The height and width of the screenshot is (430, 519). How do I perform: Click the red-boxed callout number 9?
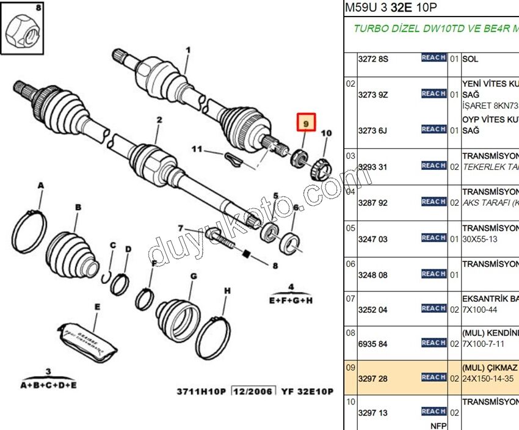(x=305, y=123)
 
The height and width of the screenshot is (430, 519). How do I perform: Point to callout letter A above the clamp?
(x=41, y=185)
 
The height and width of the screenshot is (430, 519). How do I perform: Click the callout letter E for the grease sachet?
(x=97, y=307)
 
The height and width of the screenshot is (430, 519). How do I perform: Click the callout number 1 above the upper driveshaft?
(x=189, y=49)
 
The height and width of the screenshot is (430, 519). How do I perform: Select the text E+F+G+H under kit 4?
(x=291, y=301)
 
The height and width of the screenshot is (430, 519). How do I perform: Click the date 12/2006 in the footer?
(x=253, y=391)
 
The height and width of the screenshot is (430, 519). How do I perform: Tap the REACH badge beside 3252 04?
(x=434, y=308)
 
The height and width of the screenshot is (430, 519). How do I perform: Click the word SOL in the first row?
(x=470, y=59)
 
